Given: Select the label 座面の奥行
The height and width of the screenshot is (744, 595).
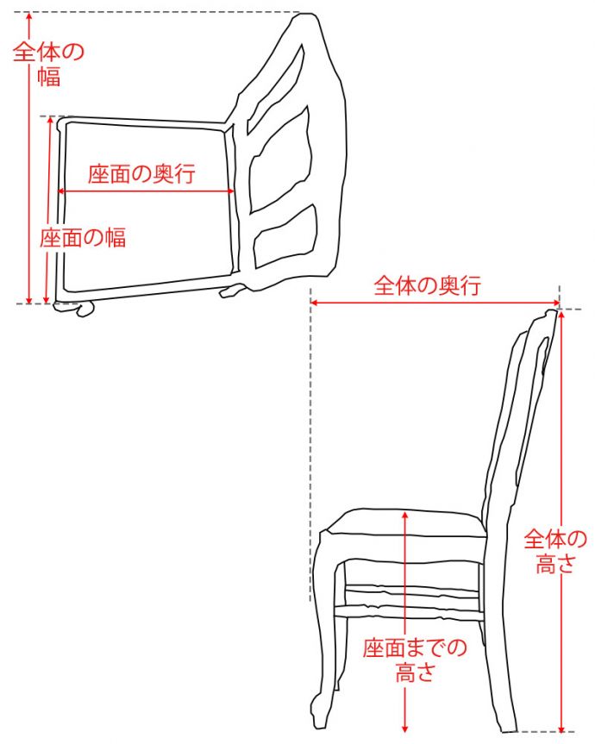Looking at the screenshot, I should (x=141, y=173).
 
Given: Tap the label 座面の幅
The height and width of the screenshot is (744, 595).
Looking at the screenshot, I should (x=83, y=238).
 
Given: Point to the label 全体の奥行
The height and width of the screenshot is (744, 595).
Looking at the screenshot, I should (x=427, y=285).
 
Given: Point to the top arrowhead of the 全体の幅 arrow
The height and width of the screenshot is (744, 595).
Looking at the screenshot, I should (x=29, y=17).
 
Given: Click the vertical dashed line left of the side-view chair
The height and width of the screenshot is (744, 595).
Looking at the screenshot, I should (x=310, y=448).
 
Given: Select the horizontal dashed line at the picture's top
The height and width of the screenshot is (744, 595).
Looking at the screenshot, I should (x=164, y=13).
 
